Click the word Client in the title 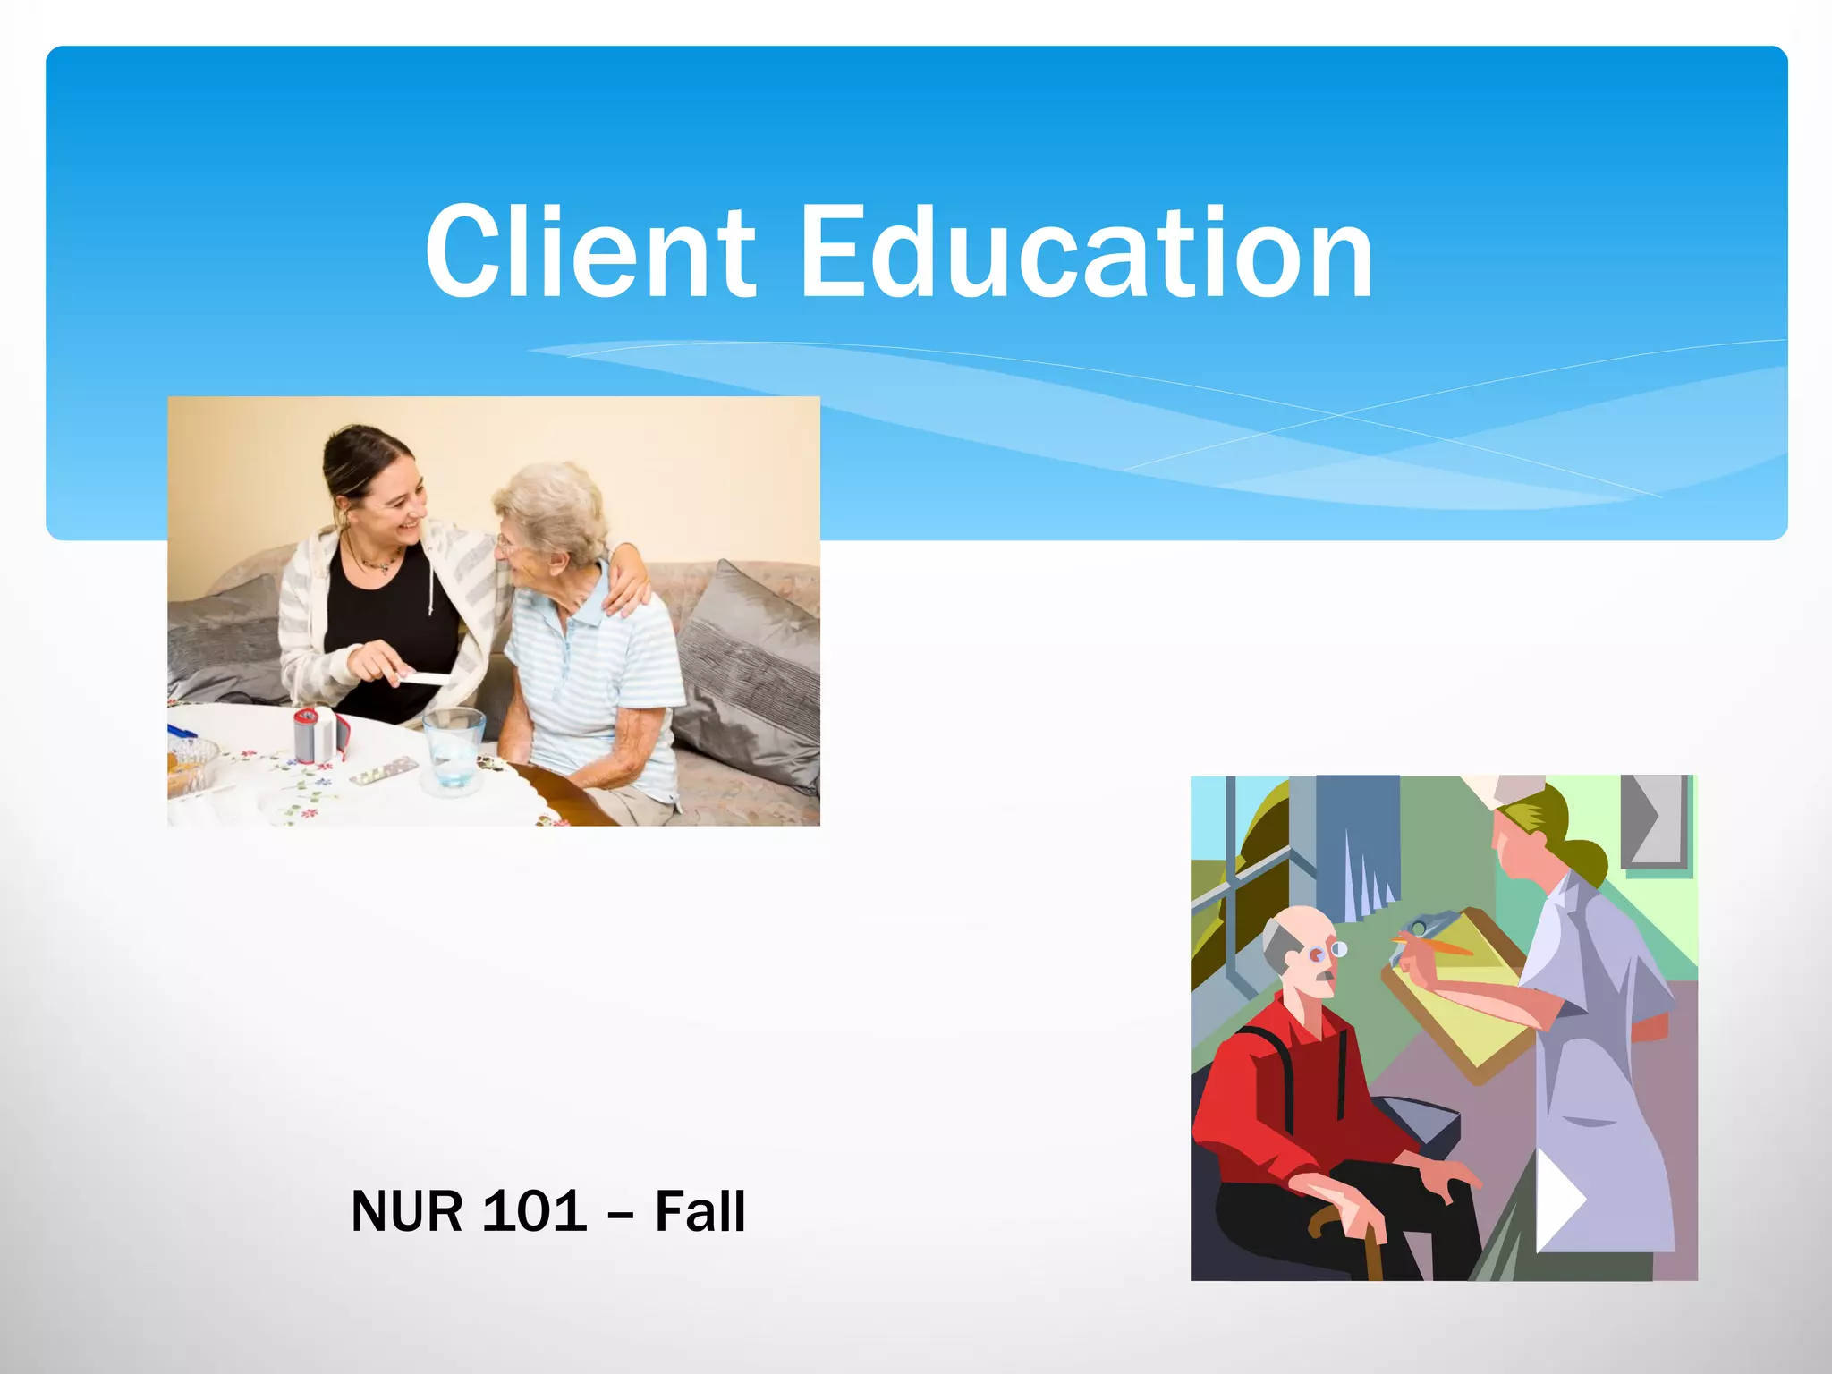[590, 252]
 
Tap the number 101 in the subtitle [534, 1211]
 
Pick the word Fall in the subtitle [700, 1211]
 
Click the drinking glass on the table [454, 748]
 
